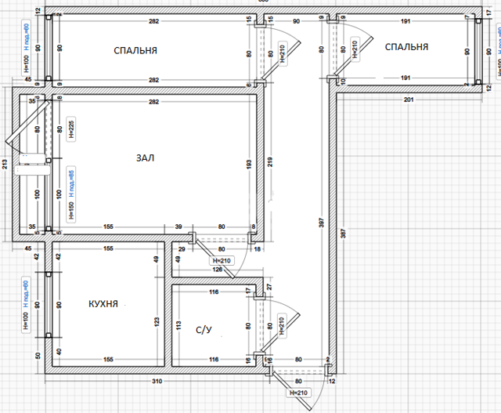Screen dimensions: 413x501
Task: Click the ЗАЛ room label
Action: [x=145, y=158]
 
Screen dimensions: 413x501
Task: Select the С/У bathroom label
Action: [x=204, y=330]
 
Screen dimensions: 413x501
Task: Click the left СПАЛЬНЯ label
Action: [x=135, y=50]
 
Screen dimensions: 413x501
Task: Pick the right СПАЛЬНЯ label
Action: [x=407, y=47]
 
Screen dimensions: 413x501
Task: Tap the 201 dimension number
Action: [x=408, y=100]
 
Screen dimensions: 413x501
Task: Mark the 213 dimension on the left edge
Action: [x=5, y=164]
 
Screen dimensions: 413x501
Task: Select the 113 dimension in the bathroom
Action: [x=177, y=326]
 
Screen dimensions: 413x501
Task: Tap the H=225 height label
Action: [x=71, y=129]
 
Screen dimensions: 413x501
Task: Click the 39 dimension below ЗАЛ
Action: [x=178, y=226]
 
